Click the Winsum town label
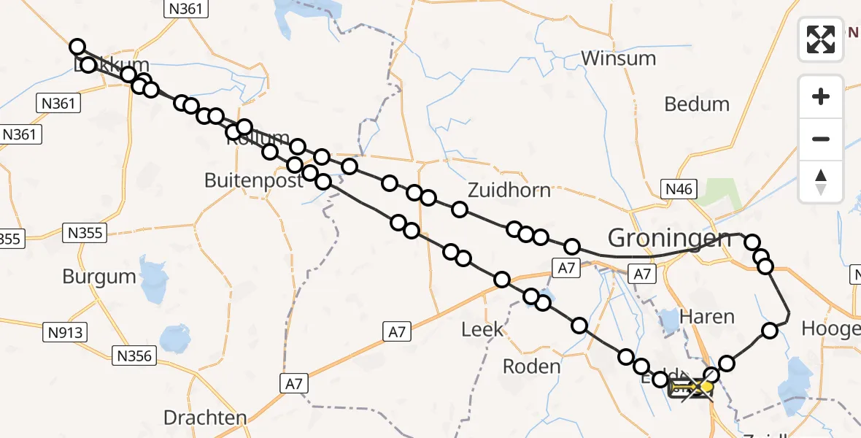pos(619,58)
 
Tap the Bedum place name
pos(696,104)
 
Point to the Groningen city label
pos(669,238)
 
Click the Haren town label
pos(706,316)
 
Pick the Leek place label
pos(482,330)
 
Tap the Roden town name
pos(532,366)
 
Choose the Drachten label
pos(205,418)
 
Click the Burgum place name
pos(99,277)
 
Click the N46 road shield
pos(679,190)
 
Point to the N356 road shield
pos(134,356)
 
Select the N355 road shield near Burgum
pos(85,233)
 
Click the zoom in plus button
pos(821,96)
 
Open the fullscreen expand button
pos(821,39)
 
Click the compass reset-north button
pos(821,182)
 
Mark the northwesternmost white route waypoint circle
pos(77,47)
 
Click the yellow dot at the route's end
pos(706,385)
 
